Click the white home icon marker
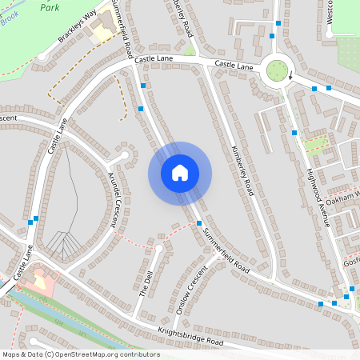[180, 173]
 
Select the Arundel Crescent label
[109, 200]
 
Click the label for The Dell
[146, 283]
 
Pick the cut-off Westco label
[330, 13]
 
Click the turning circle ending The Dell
[159, 249]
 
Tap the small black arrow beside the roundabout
[290, 77]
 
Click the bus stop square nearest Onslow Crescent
[198, 223]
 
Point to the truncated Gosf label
[352, 262]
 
